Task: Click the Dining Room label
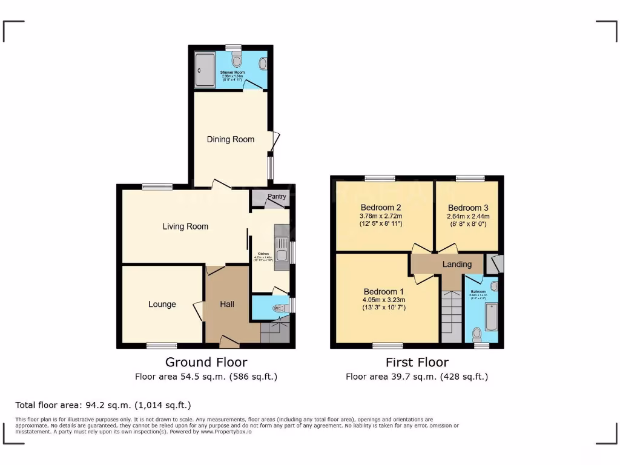(x=231, y=139)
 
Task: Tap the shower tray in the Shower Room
(x=205, y=70)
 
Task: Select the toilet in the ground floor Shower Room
(x=236, y=59)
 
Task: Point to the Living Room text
(x=185, y=226)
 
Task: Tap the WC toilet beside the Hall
(x=279, y=308)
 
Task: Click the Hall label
(x=227, y=304)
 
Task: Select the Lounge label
(x=162, y=304)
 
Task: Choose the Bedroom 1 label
(x=380, y=291)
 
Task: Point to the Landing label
(x=457, y=264)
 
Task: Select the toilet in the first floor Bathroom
(x=477, y=332)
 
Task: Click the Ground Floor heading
(x=206, y=362)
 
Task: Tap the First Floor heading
(x=417, y=362)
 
